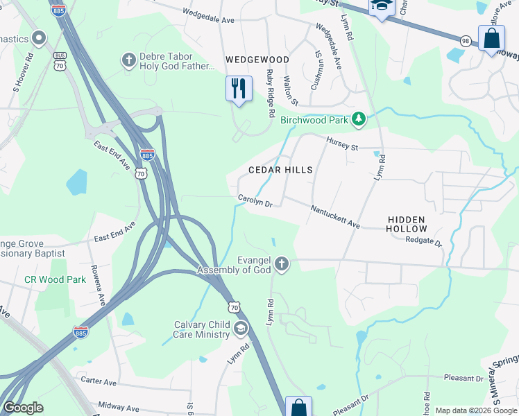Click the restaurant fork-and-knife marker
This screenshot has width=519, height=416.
[x=239, y=88]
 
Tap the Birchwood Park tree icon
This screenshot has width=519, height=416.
[x=358, y=120]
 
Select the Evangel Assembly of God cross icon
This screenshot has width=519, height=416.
[x=281, y=263]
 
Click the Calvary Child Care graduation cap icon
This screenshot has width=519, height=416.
[x=240, y=328]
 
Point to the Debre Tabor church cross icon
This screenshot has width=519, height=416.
[x=128, y=60]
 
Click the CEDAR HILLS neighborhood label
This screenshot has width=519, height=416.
[x=281, y=170]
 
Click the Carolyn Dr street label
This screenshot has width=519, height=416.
[x=255, y=200]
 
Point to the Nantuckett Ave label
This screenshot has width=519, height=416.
[x=335, y=217]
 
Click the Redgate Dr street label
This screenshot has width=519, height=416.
[x=424, y=241]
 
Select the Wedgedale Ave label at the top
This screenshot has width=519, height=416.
[x=208, y=16]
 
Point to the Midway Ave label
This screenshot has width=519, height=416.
[x=119, y=408]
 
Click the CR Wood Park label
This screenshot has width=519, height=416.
[x=55, y=280]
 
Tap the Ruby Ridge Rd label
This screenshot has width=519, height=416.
[x=271, y=94]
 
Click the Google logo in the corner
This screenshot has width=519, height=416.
[x=23, y=408]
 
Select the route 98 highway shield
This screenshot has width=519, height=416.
[x=465, y=42]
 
